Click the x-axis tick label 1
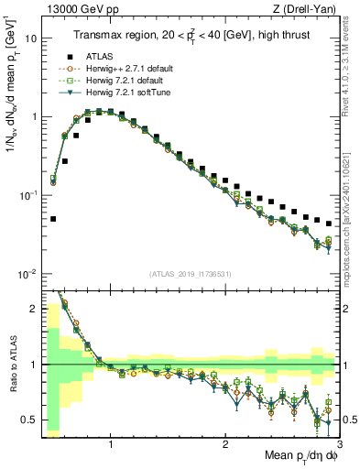(111, 442)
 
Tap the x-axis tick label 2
(225, 442)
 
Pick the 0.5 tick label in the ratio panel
(29, 420)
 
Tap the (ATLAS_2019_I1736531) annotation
(191, 275)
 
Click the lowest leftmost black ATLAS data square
(53, 219)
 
